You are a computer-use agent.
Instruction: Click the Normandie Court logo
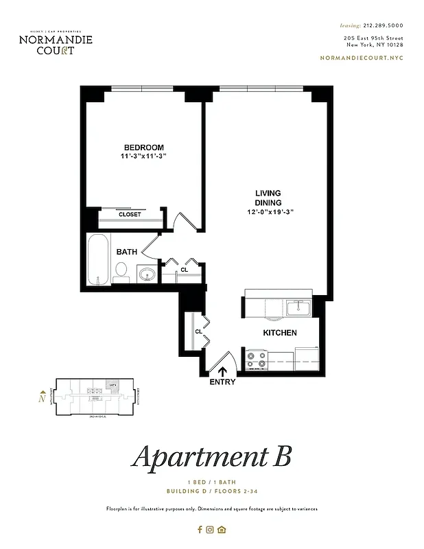56,43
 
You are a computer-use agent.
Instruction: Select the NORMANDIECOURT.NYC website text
362,58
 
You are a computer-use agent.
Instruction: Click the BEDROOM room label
143,148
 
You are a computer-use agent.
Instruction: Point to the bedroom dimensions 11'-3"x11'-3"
143,157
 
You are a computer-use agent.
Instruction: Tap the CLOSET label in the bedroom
130,215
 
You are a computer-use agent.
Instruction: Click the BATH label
126,252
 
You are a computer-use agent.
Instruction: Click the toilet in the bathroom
121,273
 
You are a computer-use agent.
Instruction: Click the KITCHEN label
280,333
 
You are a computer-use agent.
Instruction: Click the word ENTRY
222,382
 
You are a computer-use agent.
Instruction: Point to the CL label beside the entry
198,331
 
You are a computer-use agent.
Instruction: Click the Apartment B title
212,456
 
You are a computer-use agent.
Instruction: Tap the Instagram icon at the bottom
211,529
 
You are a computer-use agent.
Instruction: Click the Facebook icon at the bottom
200,529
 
